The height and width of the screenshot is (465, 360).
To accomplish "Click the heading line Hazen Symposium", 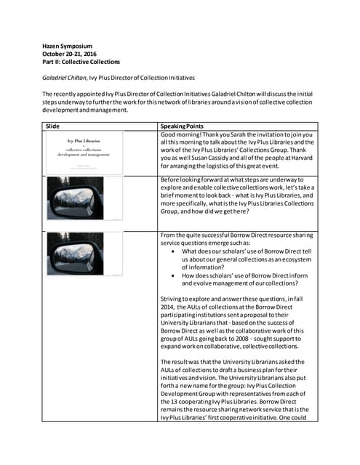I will [67, 46].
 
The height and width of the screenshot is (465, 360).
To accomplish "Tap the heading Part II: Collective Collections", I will [81, 62].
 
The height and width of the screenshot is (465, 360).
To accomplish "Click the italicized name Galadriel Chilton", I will [64, 78].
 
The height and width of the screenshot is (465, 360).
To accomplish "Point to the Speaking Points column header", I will [183, 126].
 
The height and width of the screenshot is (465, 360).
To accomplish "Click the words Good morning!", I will [180, 135].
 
